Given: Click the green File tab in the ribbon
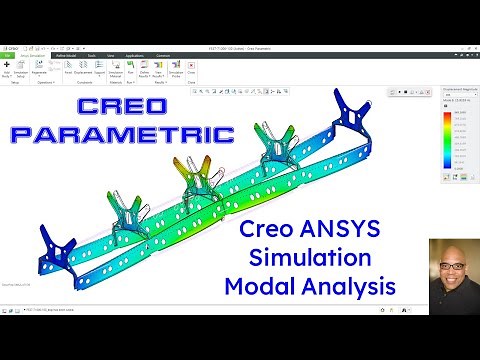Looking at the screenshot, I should click(8, 56).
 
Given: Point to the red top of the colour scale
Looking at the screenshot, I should click(445, 112).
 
